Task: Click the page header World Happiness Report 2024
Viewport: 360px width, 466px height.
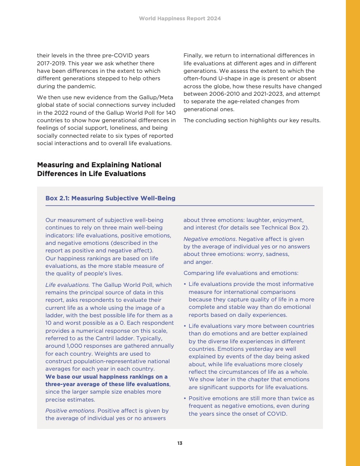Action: click(180, 19)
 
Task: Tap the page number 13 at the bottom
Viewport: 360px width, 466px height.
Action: click(180, 443)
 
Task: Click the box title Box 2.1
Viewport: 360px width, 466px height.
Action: click(110, 198)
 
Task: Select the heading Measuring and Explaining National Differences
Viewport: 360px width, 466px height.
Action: click(99, 169)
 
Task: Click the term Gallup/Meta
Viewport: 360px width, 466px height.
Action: click(154, 97)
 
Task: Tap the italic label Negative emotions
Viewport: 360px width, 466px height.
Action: click(210, 239)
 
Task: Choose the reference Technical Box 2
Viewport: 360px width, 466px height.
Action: click(287, 228)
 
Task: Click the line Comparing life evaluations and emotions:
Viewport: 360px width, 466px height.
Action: click(241, 273)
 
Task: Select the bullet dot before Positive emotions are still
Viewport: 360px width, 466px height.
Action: click(184, 398)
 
